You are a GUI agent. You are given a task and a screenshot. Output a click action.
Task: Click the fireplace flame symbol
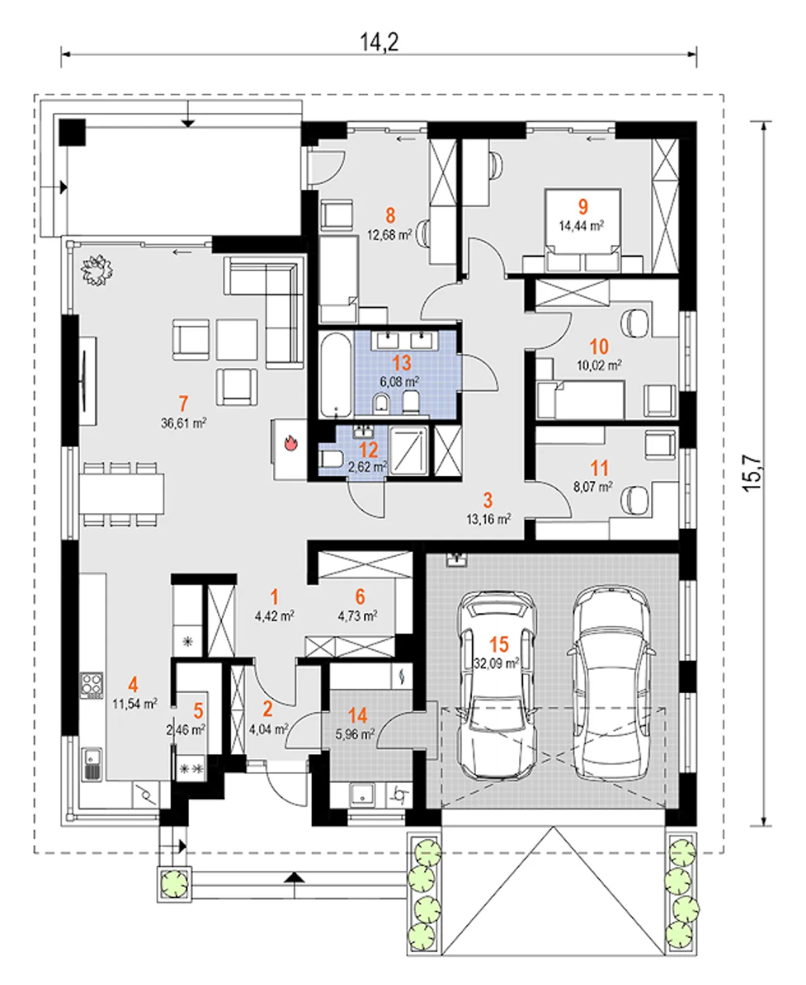(x=291, y=442)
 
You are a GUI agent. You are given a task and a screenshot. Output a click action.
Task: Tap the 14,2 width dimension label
(x=379, y=42)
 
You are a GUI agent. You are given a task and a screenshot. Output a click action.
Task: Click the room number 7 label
(x=183, y=403)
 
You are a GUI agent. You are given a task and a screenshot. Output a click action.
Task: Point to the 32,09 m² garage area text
(x=497, y=663)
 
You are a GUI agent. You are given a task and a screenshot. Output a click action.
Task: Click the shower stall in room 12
(x=409, y=451)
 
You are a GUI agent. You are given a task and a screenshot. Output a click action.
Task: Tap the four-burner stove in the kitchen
(x=92, y=684)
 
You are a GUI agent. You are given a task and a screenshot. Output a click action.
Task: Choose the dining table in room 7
(x=122, y=493)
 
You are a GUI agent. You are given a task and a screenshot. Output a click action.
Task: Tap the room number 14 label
(x=357, y=715)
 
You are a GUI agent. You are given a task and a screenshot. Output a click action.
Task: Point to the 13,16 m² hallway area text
(x=488, y=519)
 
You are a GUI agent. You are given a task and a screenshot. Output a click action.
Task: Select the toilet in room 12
(x=331, y=459)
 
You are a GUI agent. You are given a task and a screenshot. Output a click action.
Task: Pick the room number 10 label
(x=599, y=347)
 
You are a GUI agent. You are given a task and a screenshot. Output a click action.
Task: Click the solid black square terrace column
(x=72, y=132)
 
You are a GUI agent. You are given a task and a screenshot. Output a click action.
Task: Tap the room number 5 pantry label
(x=198, y=711)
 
